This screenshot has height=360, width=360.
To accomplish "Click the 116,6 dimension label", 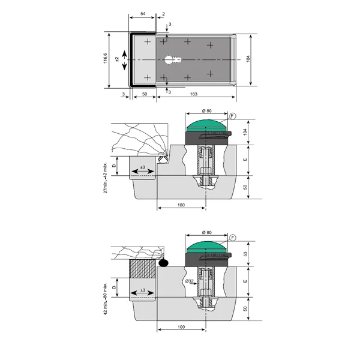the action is [x=106, y=58].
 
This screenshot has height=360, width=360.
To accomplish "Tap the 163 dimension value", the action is [x=194, y=94].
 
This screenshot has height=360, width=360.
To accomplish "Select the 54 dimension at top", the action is [x=143, y=14].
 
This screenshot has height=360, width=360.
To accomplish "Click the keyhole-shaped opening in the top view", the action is [x=173, y=60].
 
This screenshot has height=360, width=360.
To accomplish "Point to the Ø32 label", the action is [x=190, y=281].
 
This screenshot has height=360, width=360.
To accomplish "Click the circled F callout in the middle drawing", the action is [x=233, y=116].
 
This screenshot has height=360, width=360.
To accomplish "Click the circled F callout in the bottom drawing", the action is [x=233, y=238].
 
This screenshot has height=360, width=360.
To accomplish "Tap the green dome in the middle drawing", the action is [x=207, y=125].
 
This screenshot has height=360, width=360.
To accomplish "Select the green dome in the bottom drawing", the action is [x=207, y=247].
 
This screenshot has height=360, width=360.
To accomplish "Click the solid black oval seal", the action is [x=163, y=263].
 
